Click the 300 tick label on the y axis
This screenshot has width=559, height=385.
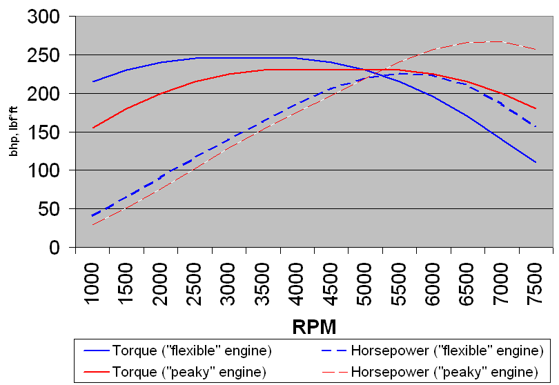point(44,16)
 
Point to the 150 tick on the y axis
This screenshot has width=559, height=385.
point(44,132)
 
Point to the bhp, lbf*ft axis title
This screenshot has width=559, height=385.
point(14,132)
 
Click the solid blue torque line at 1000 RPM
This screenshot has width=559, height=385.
point(93,81)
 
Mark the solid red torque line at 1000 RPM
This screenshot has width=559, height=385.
point(93,128)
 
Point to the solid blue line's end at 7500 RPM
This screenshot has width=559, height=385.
point(535,162)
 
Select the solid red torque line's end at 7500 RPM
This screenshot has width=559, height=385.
point(535,108)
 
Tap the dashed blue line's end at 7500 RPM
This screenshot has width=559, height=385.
point(535,126)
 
